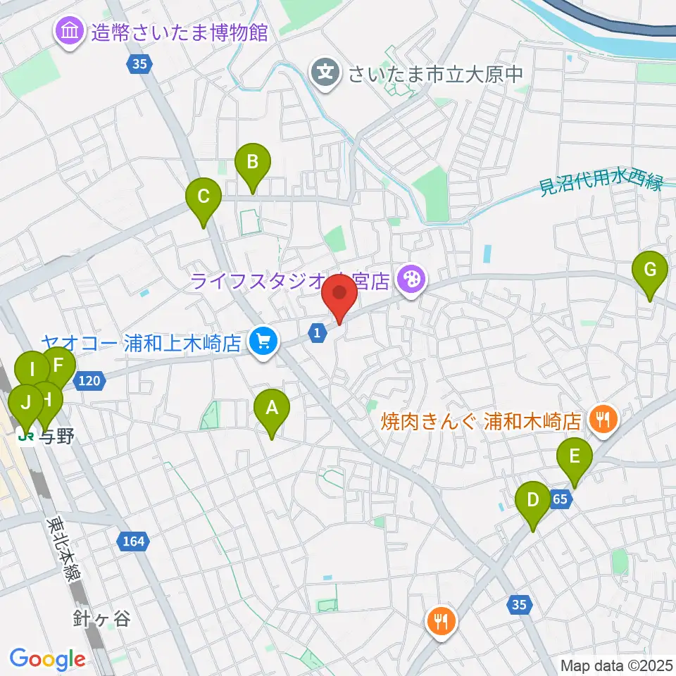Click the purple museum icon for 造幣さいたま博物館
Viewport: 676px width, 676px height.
click(70, 32)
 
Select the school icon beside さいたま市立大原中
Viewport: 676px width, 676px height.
click(326, 72)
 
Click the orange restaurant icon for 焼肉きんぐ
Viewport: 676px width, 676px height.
click(602, 420)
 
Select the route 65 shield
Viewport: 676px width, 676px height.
click(561, 499)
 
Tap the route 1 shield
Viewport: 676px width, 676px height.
click(318, 331)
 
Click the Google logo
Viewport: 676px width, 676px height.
click(47, 659)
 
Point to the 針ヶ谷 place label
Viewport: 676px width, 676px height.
click(101, 619)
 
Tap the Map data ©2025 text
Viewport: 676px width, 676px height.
click(616, 665)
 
